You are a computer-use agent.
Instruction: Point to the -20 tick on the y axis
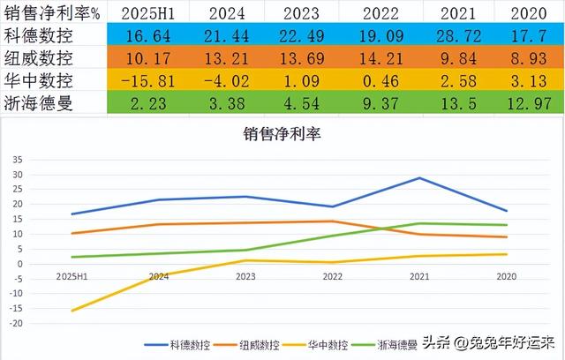pyautogui.click(x=14, y=324)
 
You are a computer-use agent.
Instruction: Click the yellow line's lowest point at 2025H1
pyautogui.click(x=72, y=311)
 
